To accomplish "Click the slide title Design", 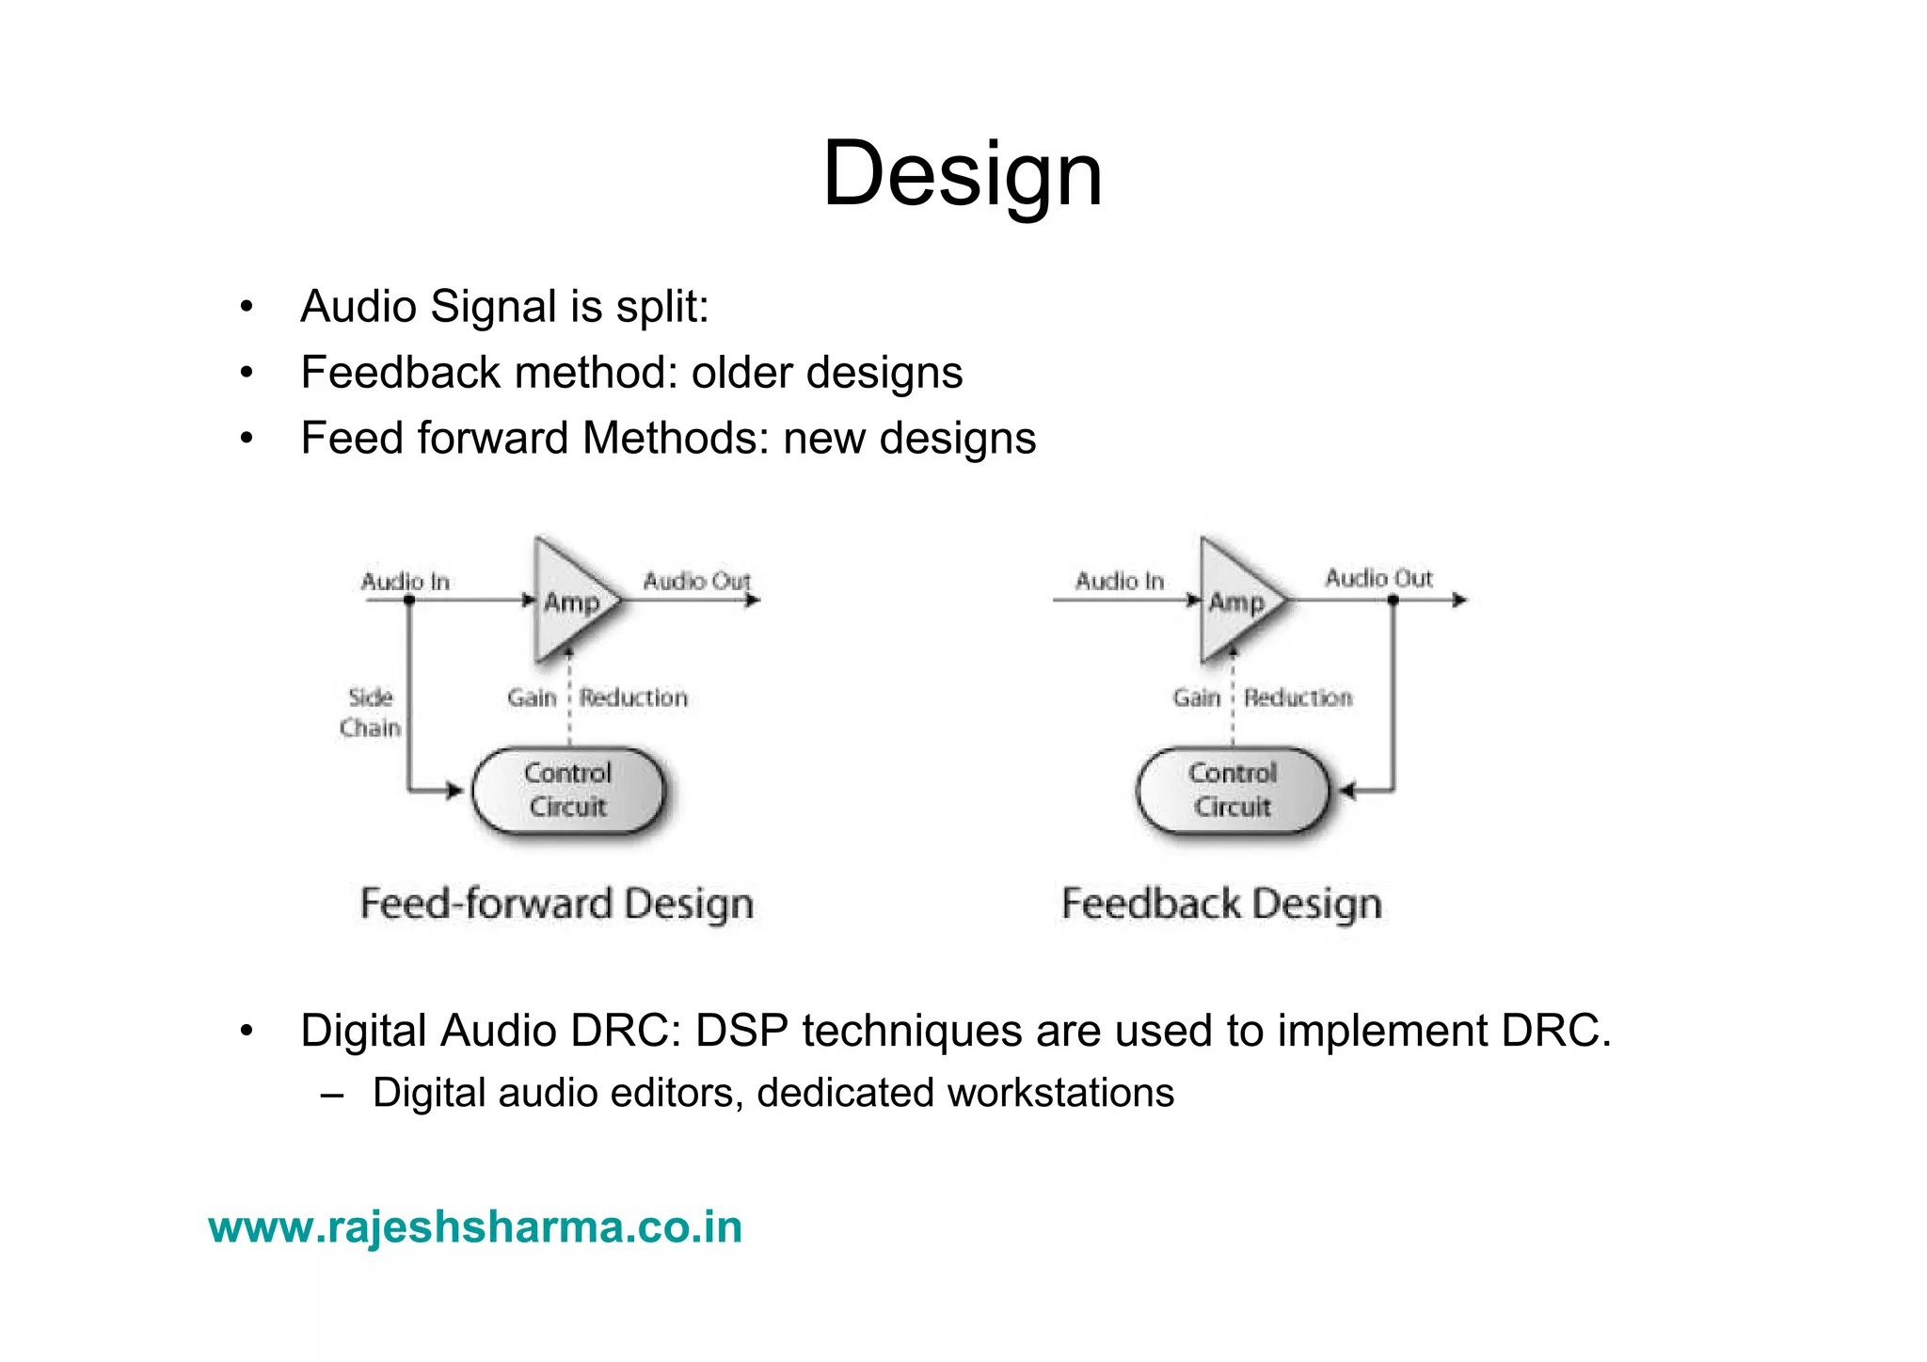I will [962, 174].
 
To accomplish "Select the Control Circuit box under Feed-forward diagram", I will [568, 791].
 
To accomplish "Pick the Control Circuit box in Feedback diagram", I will [1233, 791].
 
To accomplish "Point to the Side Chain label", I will [370, 713].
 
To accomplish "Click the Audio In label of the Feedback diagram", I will [1120, 581].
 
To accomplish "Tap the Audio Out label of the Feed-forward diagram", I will [696, 581].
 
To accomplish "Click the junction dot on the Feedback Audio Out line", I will [1393, 600].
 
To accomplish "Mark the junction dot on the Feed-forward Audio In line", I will [409, 600].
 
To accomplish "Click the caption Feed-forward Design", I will [556, 904].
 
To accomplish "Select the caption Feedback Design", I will [1221, 904].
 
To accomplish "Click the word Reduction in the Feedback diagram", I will [1298, 697].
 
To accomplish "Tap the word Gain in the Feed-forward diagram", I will [532, 697].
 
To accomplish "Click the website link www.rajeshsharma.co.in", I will [475, 1227].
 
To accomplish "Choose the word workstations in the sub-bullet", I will [1060, 1093].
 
